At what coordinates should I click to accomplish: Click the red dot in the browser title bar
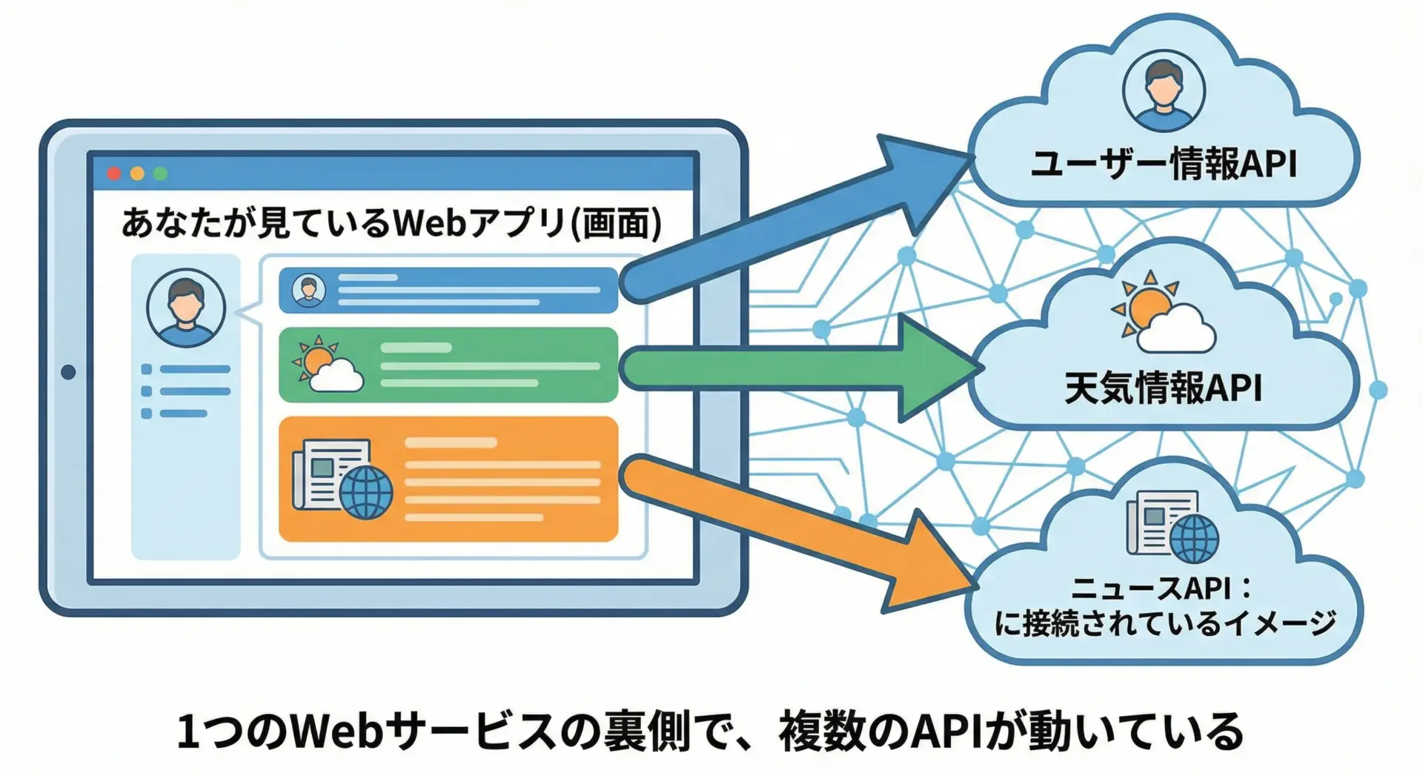[x=113, y=173]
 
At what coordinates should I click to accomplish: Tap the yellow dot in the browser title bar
[x=137, y=173]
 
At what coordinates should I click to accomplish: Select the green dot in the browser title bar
[x=160, y=173]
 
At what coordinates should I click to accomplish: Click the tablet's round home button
[x=68, y=371]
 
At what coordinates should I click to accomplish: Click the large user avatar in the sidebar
[x=185, y=308]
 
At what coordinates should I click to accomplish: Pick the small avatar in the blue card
[x=308, y=290]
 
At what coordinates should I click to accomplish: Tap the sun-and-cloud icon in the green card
[x=328, y=364]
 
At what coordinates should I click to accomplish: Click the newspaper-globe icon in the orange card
[x=342, y=479]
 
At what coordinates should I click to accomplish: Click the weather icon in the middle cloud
[x=1162, y=314]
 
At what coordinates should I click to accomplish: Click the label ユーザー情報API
[x=1164, y=164]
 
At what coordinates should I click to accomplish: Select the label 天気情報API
[x=1163, y=388]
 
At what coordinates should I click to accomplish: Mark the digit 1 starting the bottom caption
[x=188, y=732]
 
